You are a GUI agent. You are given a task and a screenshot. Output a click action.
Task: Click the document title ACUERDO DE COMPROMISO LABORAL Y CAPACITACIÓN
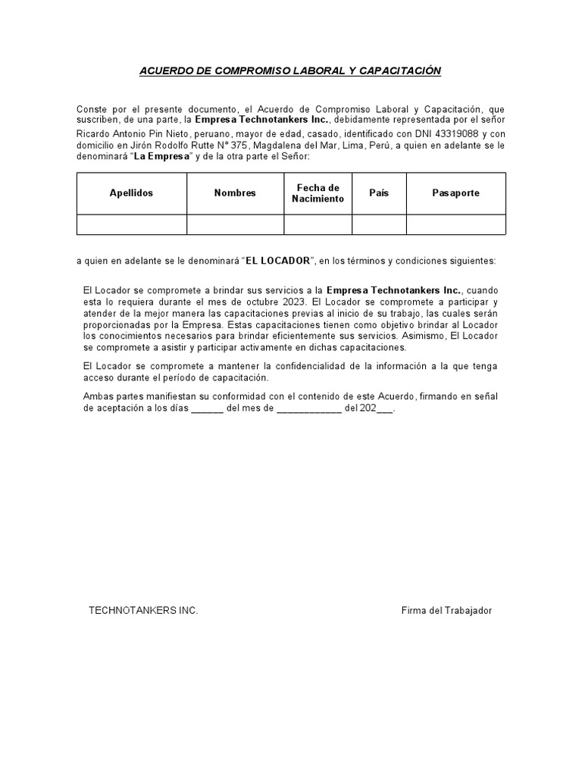[290, 71]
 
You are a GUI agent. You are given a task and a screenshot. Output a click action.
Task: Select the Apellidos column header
[131, 193]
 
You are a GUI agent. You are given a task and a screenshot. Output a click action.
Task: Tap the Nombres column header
[235, 193]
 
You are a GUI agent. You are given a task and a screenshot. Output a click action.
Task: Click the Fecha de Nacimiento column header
[318, 193]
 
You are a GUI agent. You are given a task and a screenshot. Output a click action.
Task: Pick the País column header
[379, 193]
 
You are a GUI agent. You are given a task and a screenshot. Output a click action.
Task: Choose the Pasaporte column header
[455, 193]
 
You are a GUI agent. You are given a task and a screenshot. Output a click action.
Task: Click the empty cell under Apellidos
[131, 224]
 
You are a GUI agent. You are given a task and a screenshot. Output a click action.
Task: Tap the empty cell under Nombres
[235, 224]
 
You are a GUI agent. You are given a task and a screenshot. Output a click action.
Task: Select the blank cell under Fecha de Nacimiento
[318, 224]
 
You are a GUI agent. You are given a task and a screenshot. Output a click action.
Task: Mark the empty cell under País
[379, 224]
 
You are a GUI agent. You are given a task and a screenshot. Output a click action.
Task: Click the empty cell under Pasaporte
[455, 224]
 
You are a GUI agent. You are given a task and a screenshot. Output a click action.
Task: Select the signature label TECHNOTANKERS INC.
[143, 611]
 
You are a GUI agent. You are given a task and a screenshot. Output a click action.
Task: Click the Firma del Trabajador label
[446, 611]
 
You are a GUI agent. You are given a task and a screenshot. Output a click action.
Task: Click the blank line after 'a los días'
[207, 408]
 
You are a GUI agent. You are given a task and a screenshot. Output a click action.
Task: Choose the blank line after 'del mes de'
[309, 408]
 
